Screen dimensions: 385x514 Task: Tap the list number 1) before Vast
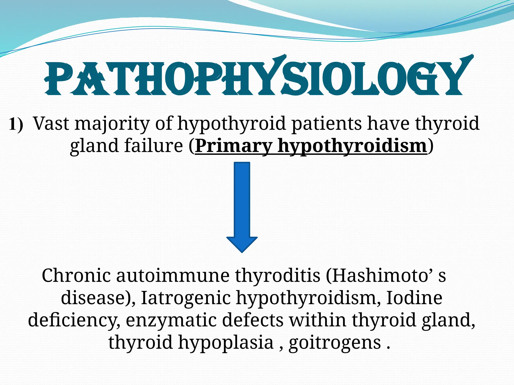(16, 124)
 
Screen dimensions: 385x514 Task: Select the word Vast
(51, 124)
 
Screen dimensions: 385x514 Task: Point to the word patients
(326, 124)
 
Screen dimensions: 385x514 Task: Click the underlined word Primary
(234, 146)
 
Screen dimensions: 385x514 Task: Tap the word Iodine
(414, 298)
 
